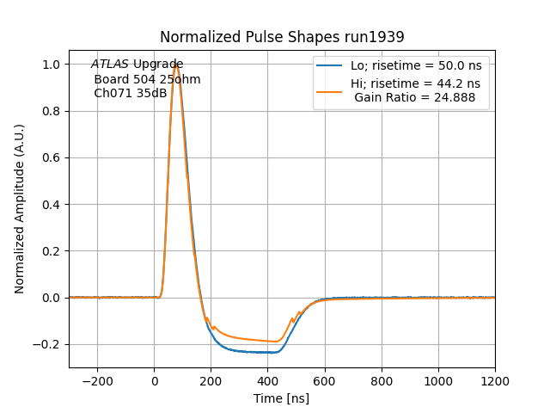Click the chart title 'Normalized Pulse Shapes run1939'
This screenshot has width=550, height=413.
(x=282, y=37)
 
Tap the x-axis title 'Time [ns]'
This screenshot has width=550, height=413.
(x=282, y=398)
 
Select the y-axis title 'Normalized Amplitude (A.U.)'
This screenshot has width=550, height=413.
(x=20, y=209)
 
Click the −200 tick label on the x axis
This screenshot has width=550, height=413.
(x=97, y=380)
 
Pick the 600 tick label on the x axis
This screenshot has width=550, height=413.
(x=325, y=380)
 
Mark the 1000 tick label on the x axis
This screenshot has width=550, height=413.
(x=438, y=380)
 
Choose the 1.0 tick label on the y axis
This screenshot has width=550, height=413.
(x=52, y=65)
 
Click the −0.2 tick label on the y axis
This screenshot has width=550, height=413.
(x=48, y=344)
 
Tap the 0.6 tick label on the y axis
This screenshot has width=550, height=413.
(x=52, y=158)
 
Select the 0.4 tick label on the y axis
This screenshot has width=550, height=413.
(x=52, y=205)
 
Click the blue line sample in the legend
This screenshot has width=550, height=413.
(x=330, y=65)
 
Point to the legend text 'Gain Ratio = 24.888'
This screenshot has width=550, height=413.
(x=415, y=97)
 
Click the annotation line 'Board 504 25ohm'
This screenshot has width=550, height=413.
(x=147, y=79)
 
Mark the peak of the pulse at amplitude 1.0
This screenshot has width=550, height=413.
(x=175, y=65)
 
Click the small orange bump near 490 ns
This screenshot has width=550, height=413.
(x=292, y=320)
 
